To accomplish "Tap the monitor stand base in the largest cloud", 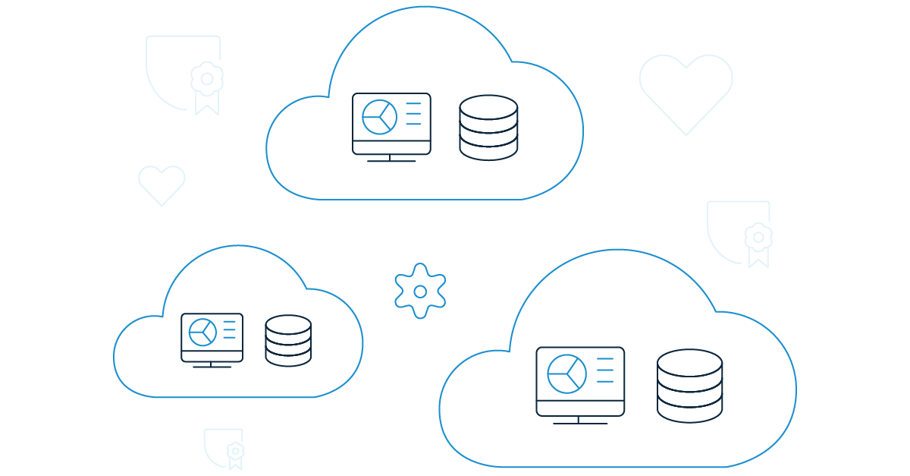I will coord(580,422).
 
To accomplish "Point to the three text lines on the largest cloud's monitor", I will coord(605,370).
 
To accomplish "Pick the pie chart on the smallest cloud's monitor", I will coord(202,332).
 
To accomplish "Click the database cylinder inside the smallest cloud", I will coord(288,341).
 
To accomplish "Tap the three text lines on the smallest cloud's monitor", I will coord(229,329).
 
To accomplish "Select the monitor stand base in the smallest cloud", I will coord(212,367).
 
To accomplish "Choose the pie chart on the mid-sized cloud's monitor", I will coord(378,116).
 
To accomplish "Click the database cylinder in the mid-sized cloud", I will coord(488,127).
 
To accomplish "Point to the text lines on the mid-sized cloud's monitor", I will coord(413,113).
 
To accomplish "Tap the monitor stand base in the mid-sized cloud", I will coord(391,160).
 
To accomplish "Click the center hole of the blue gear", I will coord(420,291).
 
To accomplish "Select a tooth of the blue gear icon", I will coord(420,270).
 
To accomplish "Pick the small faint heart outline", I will coord(162,184).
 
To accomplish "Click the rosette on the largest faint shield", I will coord(206,79).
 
